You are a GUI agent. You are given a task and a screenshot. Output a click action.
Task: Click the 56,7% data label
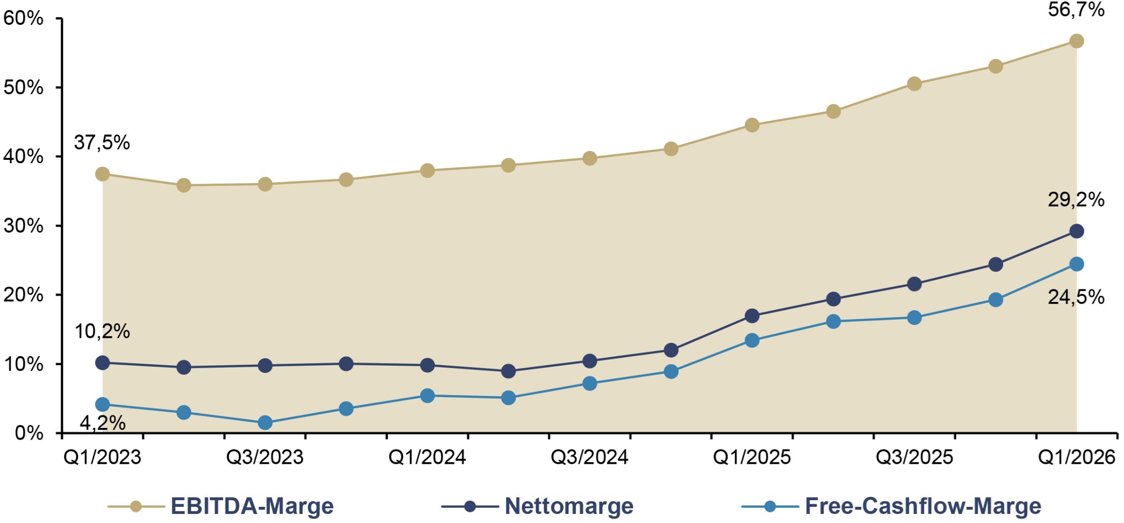[x=1076, y=10]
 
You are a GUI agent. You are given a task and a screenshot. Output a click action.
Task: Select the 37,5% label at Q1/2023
[x=102, y=143]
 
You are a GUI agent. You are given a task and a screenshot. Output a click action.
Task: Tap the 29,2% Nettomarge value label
[x=1076, y=200]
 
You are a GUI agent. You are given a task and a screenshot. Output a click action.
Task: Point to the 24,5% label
[x=1076, y=297]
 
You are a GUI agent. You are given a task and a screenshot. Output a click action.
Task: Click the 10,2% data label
[x=102, y=331]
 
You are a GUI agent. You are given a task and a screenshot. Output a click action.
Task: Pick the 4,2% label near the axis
[x=103, y=423]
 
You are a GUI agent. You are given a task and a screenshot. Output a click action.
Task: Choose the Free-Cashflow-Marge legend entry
[x=892, y=506]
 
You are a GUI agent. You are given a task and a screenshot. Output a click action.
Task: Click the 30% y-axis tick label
[x=23, y=226]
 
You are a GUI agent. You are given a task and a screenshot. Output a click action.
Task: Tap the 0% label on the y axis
[x=29, y=433]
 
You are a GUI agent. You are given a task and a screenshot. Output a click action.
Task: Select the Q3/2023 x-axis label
[x=264, y=457]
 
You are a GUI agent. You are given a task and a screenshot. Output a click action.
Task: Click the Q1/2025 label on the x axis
[x=752, y=457]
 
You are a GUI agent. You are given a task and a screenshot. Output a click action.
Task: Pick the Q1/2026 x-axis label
[x=1076, y=457]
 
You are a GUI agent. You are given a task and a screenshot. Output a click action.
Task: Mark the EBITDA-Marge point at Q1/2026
[x=1076, y=41]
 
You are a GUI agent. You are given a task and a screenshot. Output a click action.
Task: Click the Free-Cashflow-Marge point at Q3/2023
[x=265, y=422]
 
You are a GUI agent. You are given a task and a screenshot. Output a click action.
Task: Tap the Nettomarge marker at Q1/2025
[x=752, y=316]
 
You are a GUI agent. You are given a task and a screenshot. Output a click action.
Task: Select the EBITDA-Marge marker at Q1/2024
[x=427, y=170]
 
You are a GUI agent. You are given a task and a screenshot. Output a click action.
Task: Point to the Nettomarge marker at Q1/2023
[x=102, y=363]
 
